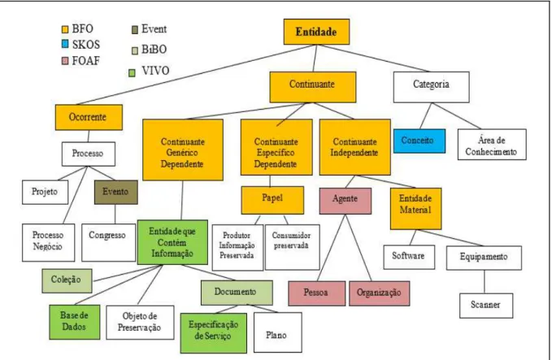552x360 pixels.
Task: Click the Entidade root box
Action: (316, 32)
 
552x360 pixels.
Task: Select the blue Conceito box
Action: (419, 141)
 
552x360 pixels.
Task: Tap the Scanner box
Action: (486, 305)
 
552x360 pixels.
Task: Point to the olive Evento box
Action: (115, 192)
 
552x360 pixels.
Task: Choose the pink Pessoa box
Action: (316, 293)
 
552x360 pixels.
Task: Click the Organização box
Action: (379, 293)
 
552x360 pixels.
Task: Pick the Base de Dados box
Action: (74, 322)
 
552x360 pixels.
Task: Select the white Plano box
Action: (277, 332)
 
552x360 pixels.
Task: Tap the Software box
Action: (409, 257)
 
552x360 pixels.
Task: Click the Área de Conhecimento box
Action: (492, 145)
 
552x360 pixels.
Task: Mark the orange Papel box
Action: (272, 200)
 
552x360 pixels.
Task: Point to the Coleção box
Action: (67, 281)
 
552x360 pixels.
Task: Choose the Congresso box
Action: (108, 242)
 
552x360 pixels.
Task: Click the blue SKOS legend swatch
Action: (65, 44)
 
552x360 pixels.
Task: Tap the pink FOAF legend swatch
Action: (65, 61)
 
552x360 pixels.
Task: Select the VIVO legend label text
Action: (155, 71)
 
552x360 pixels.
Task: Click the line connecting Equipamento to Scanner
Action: (485, 281)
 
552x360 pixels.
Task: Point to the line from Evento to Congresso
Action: (115, 215)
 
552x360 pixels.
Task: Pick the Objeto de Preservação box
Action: (140, 323)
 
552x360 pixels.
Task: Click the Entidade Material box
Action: (415, 208)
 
